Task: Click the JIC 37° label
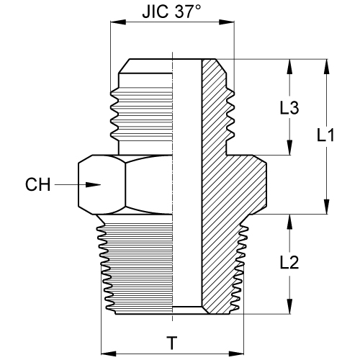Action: tap(171, 12)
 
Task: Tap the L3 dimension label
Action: tap(289, 107)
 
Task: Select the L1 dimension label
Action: tap(325, 135)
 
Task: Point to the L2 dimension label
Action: tap(289, 262)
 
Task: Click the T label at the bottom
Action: tap(172, 343)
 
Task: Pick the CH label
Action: tap(38, 184)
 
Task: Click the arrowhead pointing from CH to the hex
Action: tap(93, 184)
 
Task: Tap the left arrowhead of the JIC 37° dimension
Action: tap(118, 22)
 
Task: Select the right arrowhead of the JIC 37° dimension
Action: tap(227, 22)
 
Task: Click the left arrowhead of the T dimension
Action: tap(109, 354)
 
